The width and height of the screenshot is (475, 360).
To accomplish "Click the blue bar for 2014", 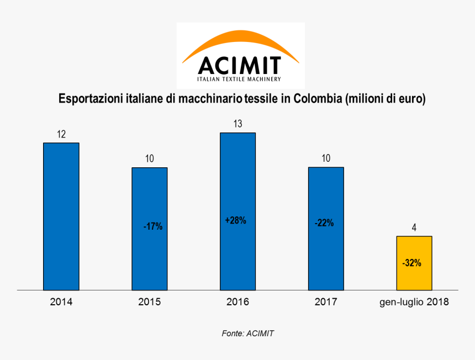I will [x=61, y=216].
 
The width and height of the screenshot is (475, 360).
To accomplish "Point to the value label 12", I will [x=61, y=134].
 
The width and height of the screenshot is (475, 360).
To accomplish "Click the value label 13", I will [x=237, y=124].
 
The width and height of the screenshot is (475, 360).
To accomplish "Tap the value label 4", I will [x=414, y=227].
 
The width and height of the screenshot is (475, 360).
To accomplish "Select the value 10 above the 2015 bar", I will [x=149, y=159].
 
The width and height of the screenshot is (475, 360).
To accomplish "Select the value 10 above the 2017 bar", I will [x=326, y=158].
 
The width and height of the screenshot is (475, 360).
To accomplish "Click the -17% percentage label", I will [x=152, y=226].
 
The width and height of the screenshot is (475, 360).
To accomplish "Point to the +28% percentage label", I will [x=236, y=220].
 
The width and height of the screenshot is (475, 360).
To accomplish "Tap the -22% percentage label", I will [x=324, y=223].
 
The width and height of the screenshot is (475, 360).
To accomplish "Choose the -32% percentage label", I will [x=412, y=263].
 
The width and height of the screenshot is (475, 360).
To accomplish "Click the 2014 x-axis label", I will [x=61, y=302].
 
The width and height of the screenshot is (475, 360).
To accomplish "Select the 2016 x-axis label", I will [x=237, y=302].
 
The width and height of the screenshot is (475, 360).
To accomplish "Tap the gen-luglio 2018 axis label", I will [x=414, y=302].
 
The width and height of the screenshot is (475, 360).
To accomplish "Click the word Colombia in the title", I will [x=318, y=99].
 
